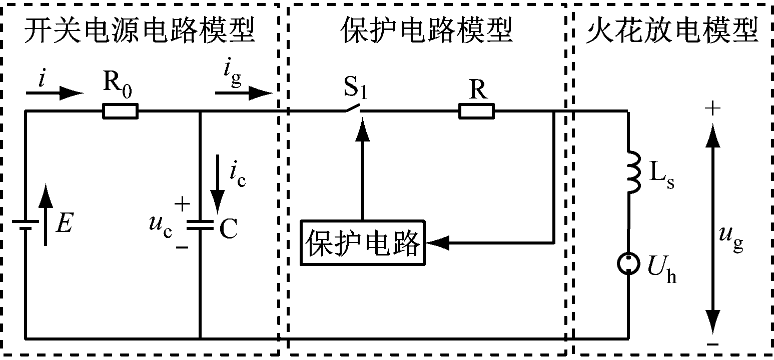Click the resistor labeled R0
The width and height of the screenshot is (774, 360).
click(120, 111)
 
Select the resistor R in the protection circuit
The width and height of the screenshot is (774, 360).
click(476, 111)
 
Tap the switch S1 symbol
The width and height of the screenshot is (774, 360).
click(353, 107)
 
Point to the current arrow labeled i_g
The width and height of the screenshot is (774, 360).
click(243, 92)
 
